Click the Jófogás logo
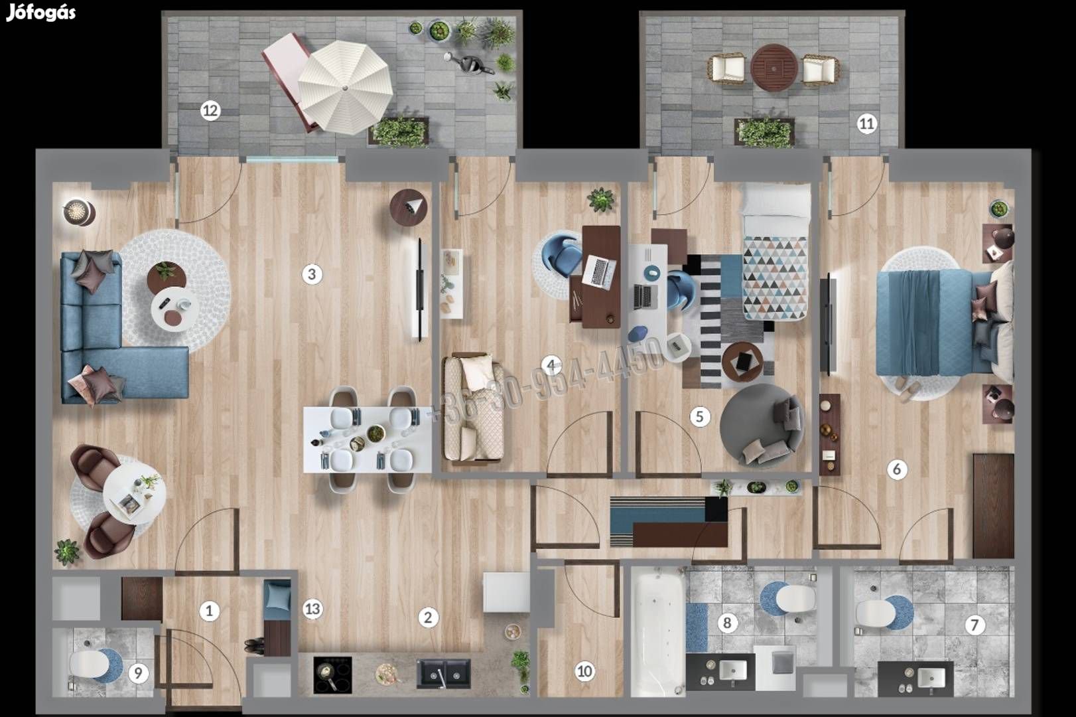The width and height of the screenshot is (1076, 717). coord(41,13)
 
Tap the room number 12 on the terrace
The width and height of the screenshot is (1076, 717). coord(210,111)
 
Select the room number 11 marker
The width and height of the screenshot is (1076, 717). coord(866,124)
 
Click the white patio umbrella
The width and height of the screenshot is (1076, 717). coord(345,88)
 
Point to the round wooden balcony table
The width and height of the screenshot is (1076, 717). coord(774,68)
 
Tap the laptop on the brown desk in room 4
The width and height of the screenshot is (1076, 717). coord(598,272)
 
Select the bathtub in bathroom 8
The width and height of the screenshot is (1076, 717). coord(658,633)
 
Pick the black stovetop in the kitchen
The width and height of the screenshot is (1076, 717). coord(332,675)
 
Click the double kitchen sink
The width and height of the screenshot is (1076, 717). coord(443,673)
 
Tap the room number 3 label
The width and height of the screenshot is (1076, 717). coord(312,275)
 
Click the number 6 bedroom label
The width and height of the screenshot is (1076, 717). coord(897,469)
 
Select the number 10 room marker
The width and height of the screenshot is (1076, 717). coord(584,671)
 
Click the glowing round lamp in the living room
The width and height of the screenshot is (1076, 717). coord(79,212)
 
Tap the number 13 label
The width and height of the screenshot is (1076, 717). coord(312,609)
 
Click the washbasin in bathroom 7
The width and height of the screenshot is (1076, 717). coord(931,678)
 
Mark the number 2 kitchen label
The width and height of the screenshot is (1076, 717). coord(428,617)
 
